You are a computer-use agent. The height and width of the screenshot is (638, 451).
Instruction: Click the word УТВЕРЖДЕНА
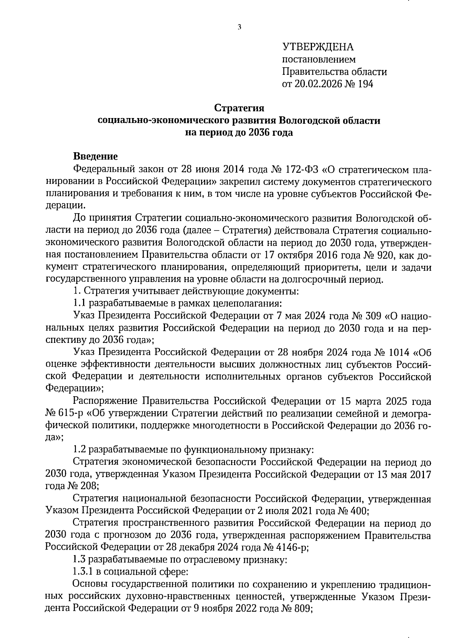click(318, 47)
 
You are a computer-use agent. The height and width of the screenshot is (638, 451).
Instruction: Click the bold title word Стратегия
click(239, 108)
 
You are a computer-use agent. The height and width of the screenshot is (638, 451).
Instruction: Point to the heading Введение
click(95, 156)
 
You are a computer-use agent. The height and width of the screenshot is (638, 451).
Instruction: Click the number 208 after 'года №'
click(88, 486)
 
